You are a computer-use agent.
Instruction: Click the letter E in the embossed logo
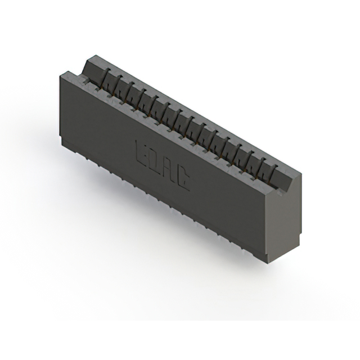pos(143,150)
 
